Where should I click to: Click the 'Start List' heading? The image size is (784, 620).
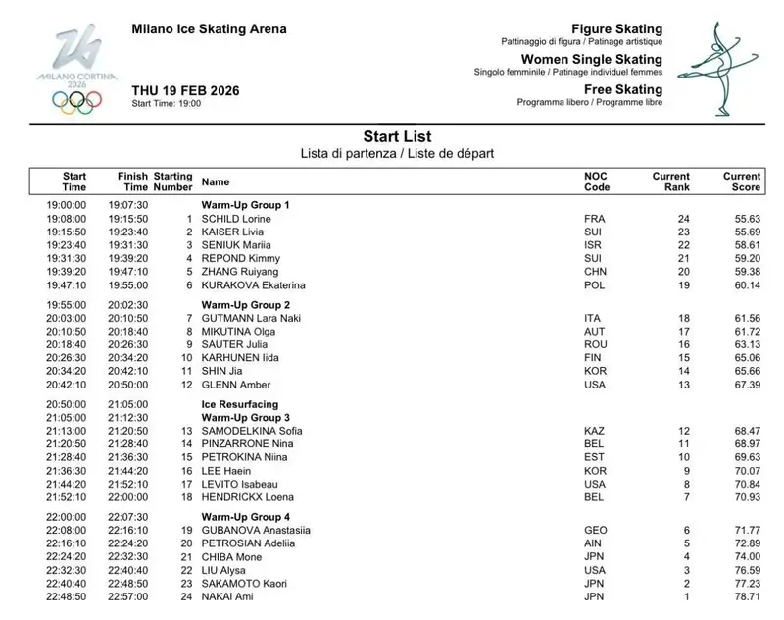tap(397, 136)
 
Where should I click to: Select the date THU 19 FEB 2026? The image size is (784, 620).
tap(185, 90)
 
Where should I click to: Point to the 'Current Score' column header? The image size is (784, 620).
tap(742, 181)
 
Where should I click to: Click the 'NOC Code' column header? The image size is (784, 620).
tap(597, 181)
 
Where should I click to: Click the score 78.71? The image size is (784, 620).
tap(747, 595)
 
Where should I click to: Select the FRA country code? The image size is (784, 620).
tap(594, 217)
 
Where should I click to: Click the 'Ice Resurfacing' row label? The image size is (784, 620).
tap(240, 403)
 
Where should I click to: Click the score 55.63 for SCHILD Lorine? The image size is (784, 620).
tap(747, 217)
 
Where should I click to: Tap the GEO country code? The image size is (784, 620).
tap(595, 529)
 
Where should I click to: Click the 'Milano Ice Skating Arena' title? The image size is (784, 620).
tap(210, 28)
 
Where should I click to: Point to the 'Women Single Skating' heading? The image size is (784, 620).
tap(603, 60)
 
